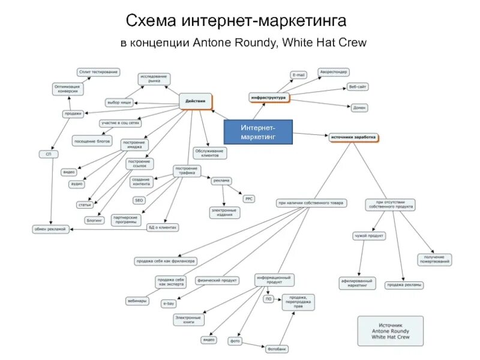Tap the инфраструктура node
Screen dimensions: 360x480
coord(268,97)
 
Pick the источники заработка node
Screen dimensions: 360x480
coord(353,137)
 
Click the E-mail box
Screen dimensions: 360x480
coord(298,75)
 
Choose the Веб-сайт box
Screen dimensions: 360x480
coord(358,87)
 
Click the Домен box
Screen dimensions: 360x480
coord(359,107)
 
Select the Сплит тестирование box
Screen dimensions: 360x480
coord(98,72)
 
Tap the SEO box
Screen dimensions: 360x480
coord(139,200)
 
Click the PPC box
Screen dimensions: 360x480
coord(249,198)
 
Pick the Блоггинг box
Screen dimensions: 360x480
coord(95,220)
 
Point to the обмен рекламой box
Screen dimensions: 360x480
coord(52,229)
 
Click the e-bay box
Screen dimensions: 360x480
coord(168,304)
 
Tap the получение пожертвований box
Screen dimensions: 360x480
coord(434,260)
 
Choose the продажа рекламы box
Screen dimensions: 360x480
coord(404,285)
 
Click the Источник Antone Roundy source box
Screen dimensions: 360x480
coord(390,331)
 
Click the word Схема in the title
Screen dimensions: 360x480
coord(151,22)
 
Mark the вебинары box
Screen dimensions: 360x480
coord(137,301)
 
